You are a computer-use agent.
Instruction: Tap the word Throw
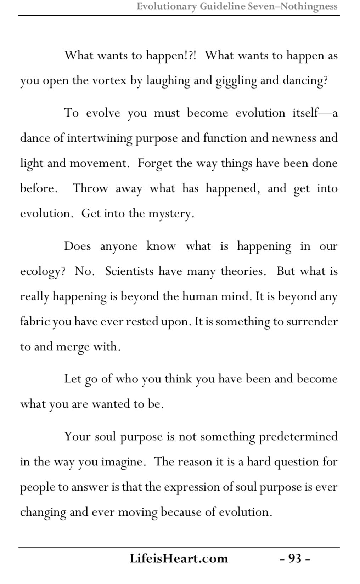click(90, 188)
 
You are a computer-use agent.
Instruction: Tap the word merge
click(73, 347)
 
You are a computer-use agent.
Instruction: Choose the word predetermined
click(298, 436)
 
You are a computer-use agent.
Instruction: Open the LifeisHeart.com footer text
click(179, 559)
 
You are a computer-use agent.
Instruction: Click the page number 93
click(295, 559)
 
